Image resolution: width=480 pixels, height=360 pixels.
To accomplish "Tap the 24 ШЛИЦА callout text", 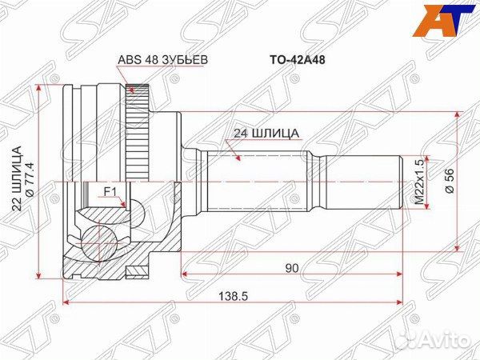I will click(x=266, y=134).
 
